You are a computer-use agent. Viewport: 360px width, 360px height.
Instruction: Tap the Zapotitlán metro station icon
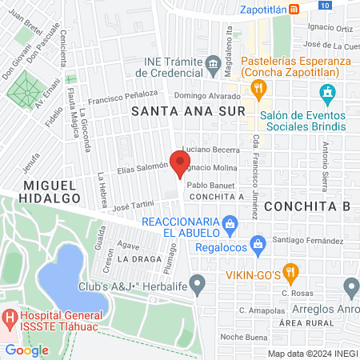click(x=294, y=10)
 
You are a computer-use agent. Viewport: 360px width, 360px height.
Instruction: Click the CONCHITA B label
click(x=308, y=206)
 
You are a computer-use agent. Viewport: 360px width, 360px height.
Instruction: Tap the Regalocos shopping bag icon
click(x=257, y=242)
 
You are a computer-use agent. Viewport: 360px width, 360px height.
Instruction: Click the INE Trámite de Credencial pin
click(x=213, y=62)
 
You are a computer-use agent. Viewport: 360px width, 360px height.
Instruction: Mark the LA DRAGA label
click(x=134, y=260)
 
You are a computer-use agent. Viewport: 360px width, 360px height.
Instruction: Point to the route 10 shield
click(x=322, y=5)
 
